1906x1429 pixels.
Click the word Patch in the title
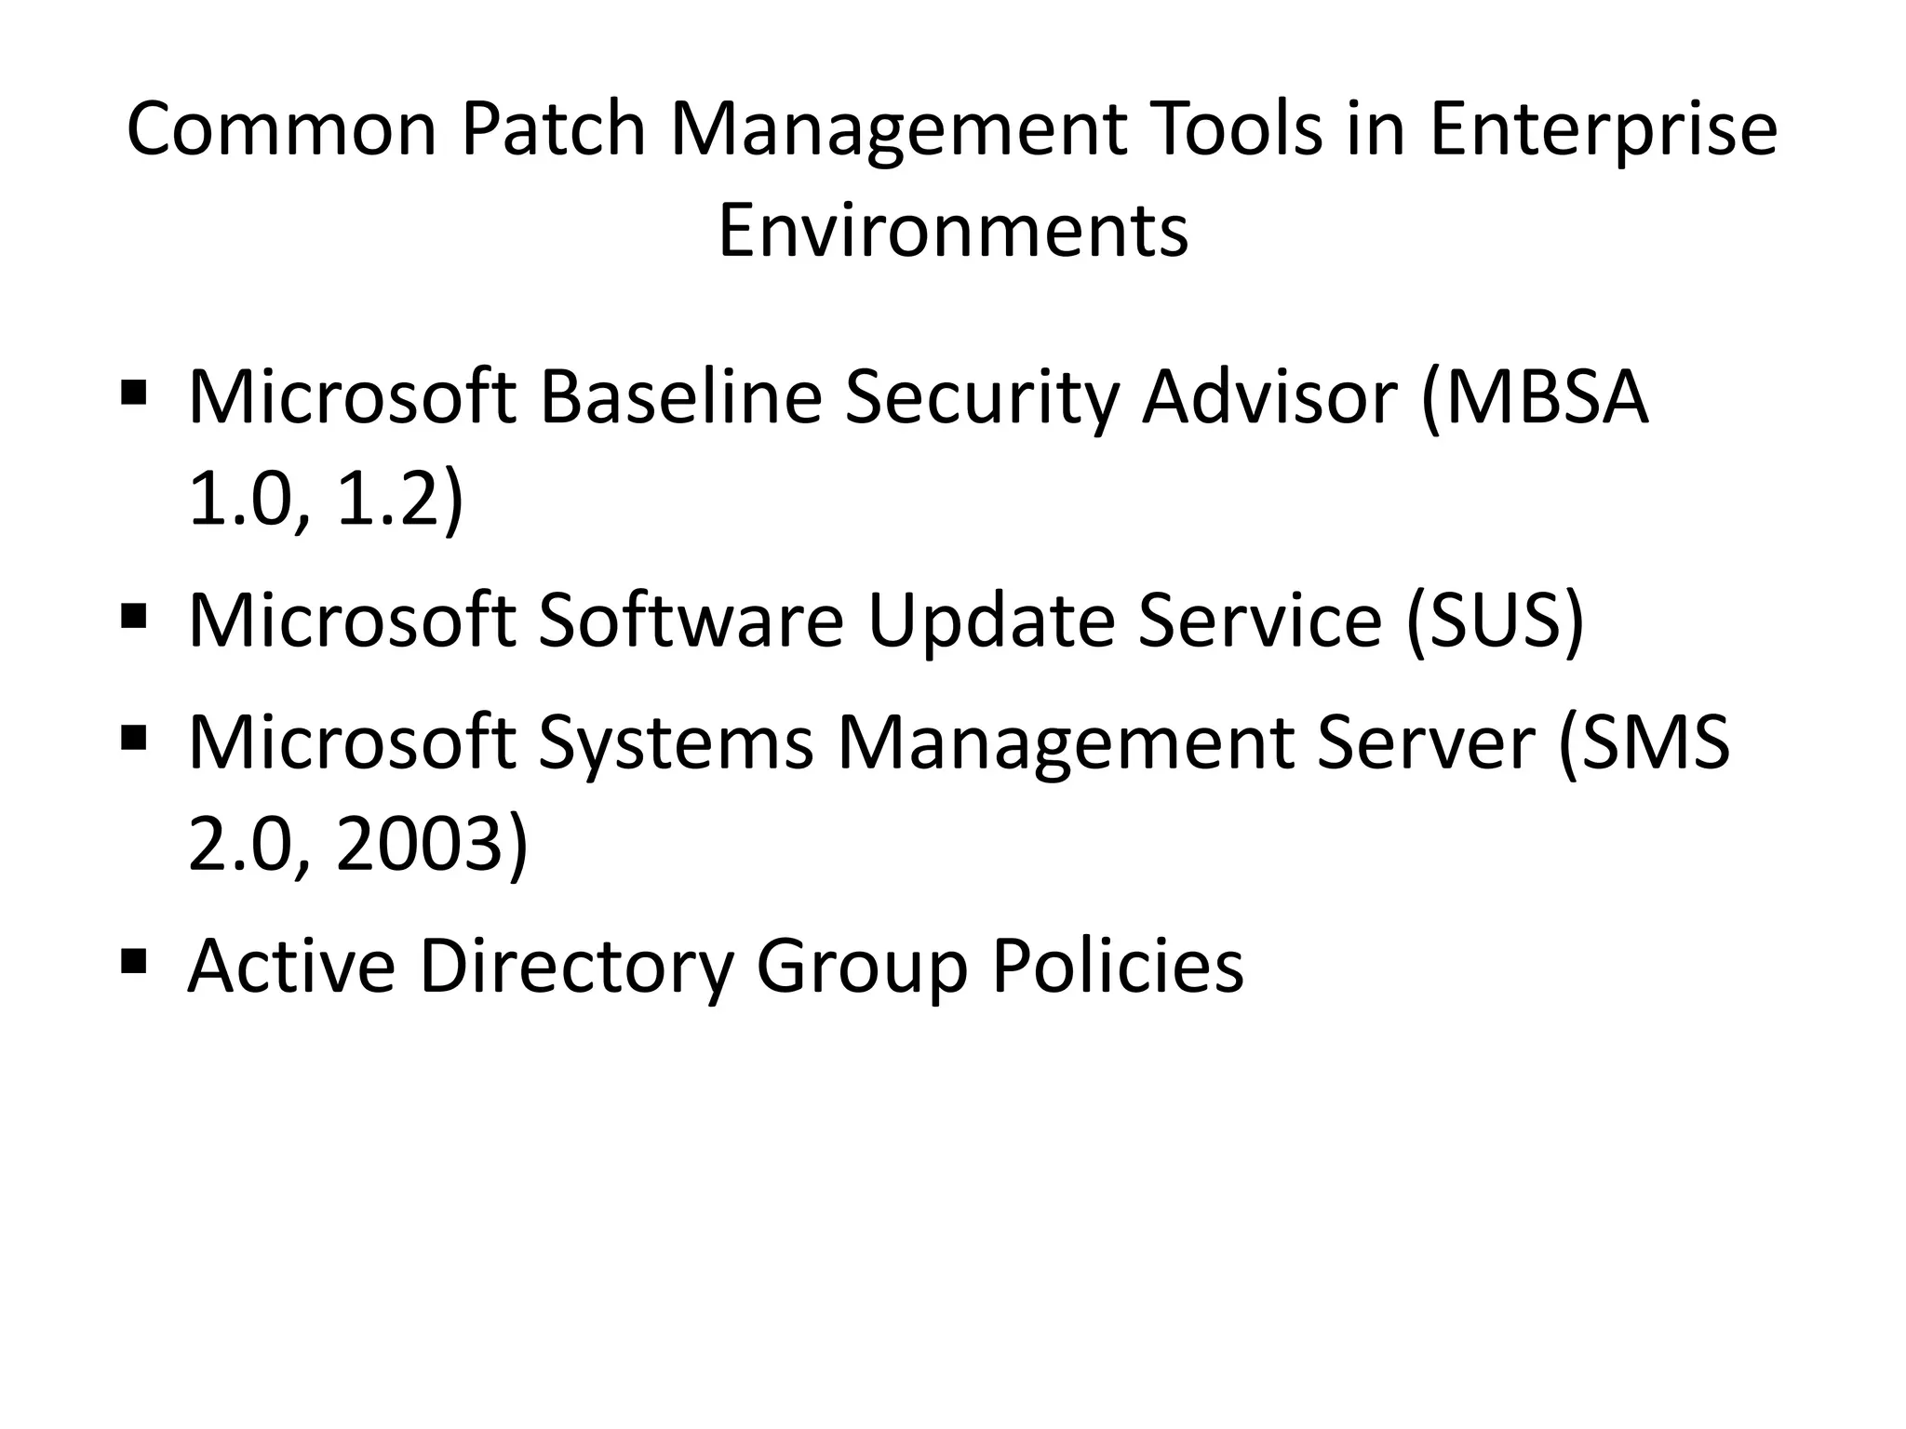click(x=553, y=130)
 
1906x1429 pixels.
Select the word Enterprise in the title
click(x=1603, y=130)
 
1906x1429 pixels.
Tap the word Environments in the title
click(x=953, y=231)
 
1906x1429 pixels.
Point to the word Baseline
click(x=680, y=397)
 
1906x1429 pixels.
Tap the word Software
click(x=690, y=621)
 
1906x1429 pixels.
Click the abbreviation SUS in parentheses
click(x=1495, y=621)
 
